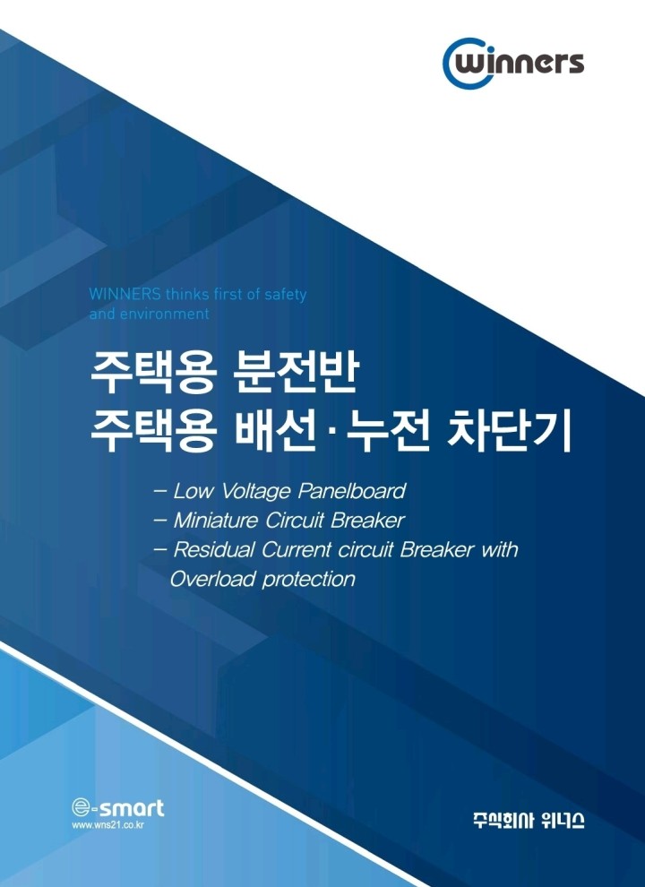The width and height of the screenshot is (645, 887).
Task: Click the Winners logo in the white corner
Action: coord(512,63)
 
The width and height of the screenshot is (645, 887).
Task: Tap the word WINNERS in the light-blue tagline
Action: coord(125,295)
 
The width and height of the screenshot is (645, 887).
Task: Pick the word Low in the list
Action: coord(193,491)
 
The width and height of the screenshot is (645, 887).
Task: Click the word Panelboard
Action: coord(351,491)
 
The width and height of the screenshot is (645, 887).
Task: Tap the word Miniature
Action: coord(216,521)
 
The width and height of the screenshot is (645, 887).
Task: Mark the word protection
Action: coord(309,581)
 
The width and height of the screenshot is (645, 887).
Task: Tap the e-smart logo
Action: coord(117,807)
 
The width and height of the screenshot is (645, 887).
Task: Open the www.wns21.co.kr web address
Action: coord(108,825)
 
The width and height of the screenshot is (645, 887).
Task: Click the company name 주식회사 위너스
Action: coord(529,820)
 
